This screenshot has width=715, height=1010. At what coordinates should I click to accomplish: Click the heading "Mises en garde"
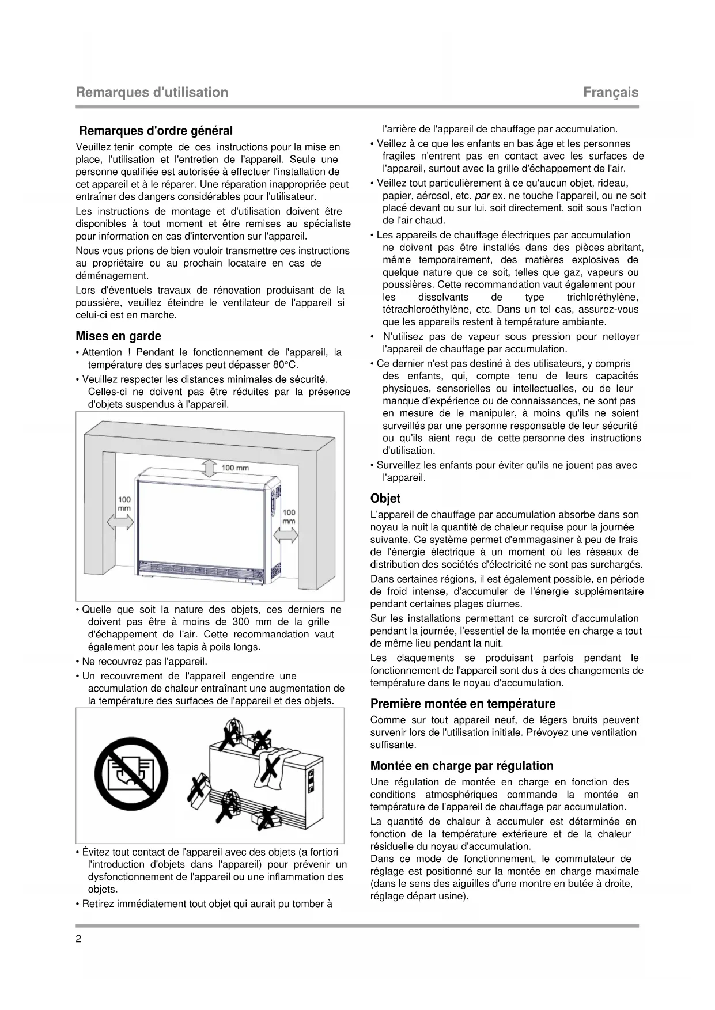pyautogui.click(x=118, y=336)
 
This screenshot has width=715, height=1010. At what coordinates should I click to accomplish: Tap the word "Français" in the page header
pyautogui.click(x=611, y=92)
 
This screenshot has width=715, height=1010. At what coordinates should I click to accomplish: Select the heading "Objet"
pyautogui.click(x=385, y=499)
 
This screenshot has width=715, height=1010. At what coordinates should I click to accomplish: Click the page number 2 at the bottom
pyautogui.click(x=78, y=939)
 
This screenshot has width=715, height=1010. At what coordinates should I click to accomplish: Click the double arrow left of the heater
pyautogui.click(x=120, y=522)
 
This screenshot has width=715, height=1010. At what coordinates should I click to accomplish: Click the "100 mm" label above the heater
pyautogui.click(x=235, y=468)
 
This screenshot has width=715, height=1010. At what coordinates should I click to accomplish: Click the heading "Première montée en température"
pyautogui.click(x=463, y=704)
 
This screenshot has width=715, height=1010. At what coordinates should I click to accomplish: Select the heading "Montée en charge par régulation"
pyautogui.click(x=461, y=766)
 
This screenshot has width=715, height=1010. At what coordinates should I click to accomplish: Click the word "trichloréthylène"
pyautogui.click(x=602, y=297)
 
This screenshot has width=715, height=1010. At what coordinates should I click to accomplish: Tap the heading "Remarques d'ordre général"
pyautogui.click(x=156, y=131)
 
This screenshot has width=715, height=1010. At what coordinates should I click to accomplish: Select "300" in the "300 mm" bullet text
pyautogui.click(x=240, y=622)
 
